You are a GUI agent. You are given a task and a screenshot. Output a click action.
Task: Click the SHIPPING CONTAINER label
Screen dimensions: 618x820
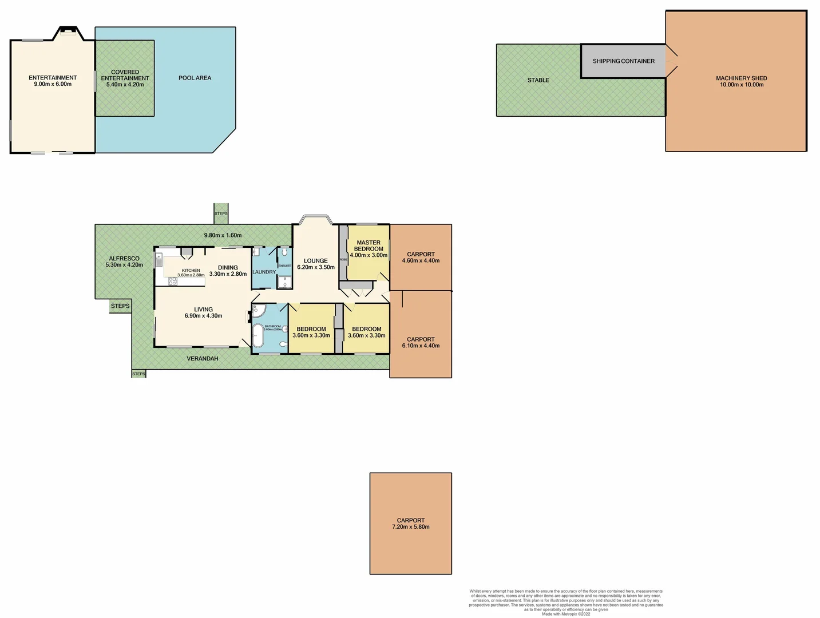coord(623,61)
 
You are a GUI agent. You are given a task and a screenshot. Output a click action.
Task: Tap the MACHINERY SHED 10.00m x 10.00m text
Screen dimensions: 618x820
coord(741,81)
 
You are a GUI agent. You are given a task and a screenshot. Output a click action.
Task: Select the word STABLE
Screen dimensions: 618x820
coord(538,80)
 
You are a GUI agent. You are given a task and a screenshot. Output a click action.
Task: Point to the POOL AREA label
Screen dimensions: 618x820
coord(195,78)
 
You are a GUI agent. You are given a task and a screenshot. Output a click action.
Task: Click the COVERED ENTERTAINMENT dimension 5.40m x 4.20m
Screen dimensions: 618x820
coord(125,85)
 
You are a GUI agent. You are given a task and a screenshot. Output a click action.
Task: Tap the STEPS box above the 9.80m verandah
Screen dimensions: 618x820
coord(221,213)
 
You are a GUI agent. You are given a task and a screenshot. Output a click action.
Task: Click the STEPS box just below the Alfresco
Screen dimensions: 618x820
coord(120,306)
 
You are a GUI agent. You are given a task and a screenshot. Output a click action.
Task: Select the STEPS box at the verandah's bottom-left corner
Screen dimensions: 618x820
coord(138,374)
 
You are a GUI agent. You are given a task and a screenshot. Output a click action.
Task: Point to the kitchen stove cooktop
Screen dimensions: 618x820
coord(172,281)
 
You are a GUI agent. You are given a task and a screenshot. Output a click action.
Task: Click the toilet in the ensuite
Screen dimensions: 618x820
coord(284,252)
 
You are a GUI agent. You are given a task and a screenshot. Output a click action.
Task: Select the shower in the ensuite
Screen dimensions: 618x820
coord(284,282)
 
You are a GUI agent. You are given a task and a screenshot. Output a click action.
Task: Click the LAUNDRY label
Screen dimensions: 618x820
coord(264,272)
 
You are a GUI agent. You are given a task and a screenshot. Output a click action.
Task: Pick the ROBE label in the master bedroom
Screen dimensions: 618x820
coord(343,260)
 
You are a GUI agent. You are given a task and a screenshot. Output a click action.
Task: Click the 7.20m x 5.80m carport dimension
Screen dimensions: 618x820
coord(410,527)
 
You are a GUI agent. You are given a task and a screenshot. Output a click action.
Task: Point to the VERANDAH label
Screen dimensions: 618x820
coord(202,359)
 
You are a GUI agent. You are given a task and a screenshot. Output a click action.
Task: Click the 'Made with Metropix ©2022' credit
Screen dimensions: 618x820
coord(566,614)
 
